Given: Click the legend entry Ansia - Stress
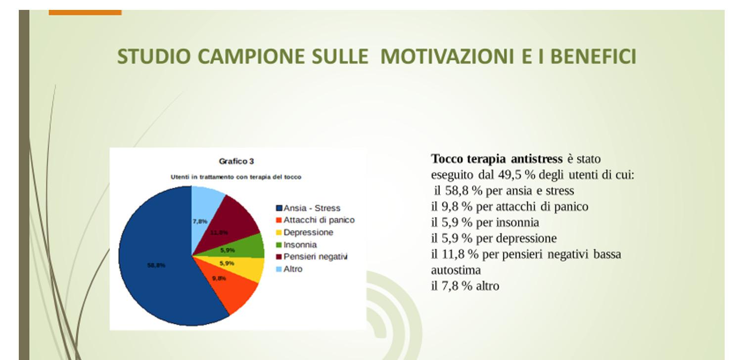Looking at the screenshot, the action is point(308,208).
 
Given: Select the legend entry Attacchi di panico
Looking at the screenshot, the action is point(316,220).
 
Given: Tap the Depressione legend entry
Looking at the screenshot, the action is point(304,232).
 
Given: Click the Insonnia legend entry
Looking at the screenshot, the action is point(296,245).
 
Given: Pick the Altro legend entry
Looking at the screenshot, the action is point(289,269).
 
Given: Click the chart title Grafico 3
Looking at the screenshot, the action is point(236,161).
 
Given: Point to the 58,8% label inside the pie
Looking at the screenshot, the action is point(156,265).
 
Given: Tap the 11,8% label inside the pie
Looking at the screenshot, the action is point(219,233).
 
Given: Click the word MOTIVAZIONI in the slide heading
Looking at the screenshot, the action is point(447,56).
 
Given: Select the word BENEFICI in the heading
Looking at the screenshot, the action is point(593,56).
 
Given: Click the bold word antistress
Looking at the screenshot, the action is point(537,159).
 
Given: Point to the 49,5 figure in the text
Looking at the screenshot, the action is point(510,175).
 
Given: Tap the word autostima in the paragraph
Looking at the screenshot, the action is point(456,270).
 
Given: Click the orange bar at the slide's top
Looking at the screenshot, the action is point(85,12).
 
